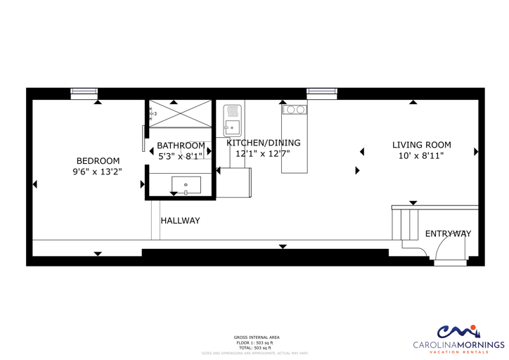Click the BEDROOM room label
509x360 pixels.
[x=98, y=160]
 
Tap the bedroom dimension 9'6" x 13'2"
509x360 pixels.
[x=98, y=172]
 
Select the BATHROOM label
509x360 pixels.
[x=181, y=146]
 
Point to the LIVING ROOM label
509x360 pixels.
[x=422, y=145]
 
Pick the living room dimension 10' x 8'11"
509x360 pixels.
[x=422, y=156]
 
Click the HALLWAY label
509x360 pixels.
[x=180, y=221]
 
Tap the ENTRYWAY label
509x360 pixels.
[x=448, y=233]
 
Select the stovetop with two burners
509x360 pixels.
[x=294, y=110]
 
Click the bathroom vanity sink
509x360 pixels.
[x=186, y=186]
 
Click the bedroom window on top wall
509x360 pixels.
[x=84, y=91]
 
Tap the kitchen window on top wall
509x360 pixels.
[x=321, y=91]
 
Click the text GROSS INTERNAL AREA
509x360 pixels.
[x=257, y=337]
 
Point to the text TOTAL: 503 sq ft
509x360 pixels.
[x=257, y=347]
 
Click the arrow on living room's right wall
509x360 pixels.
[x=476, y=151]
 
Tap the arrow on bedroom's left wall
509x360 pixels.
[x=35, y=184]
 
